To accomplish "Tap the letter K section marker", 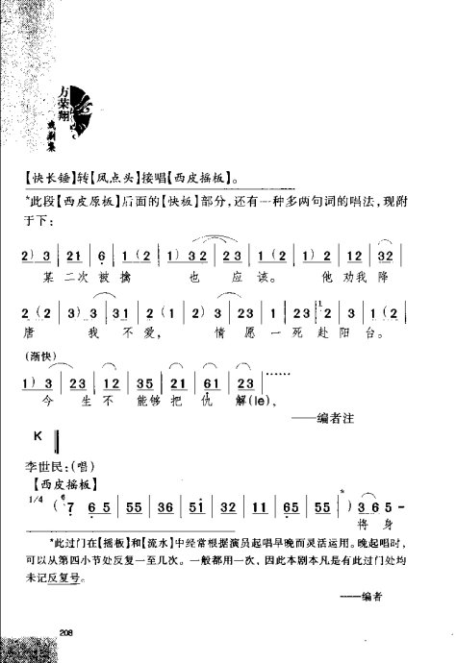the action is coord(37,437).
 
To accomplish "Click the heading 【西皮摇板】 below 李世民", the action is coord(65,481).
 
